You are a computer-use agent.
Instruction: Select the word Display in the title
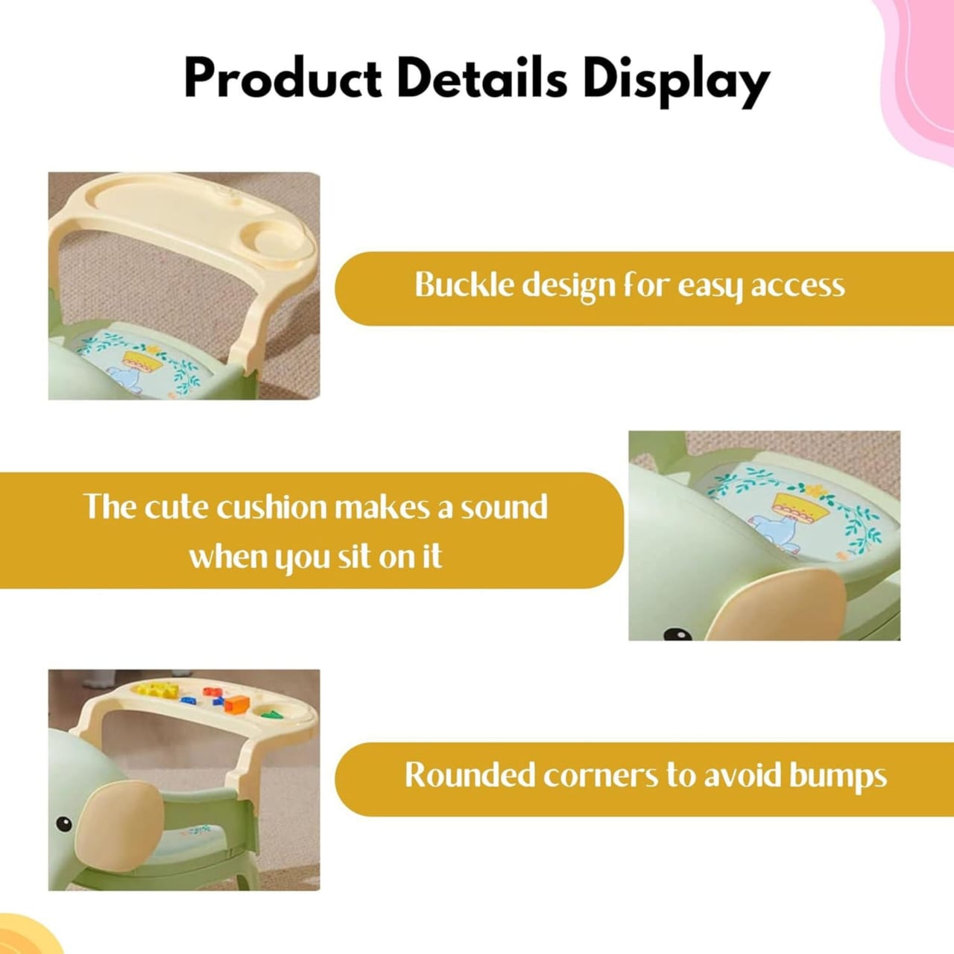click(675, 83)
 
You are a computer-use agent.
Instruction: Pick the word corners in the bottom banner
click(601, 777)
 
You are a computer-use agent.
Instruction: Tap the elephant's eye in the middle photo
click(677, 634)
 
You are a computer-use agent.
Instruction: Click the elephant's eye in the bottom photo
click(63, 824)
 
